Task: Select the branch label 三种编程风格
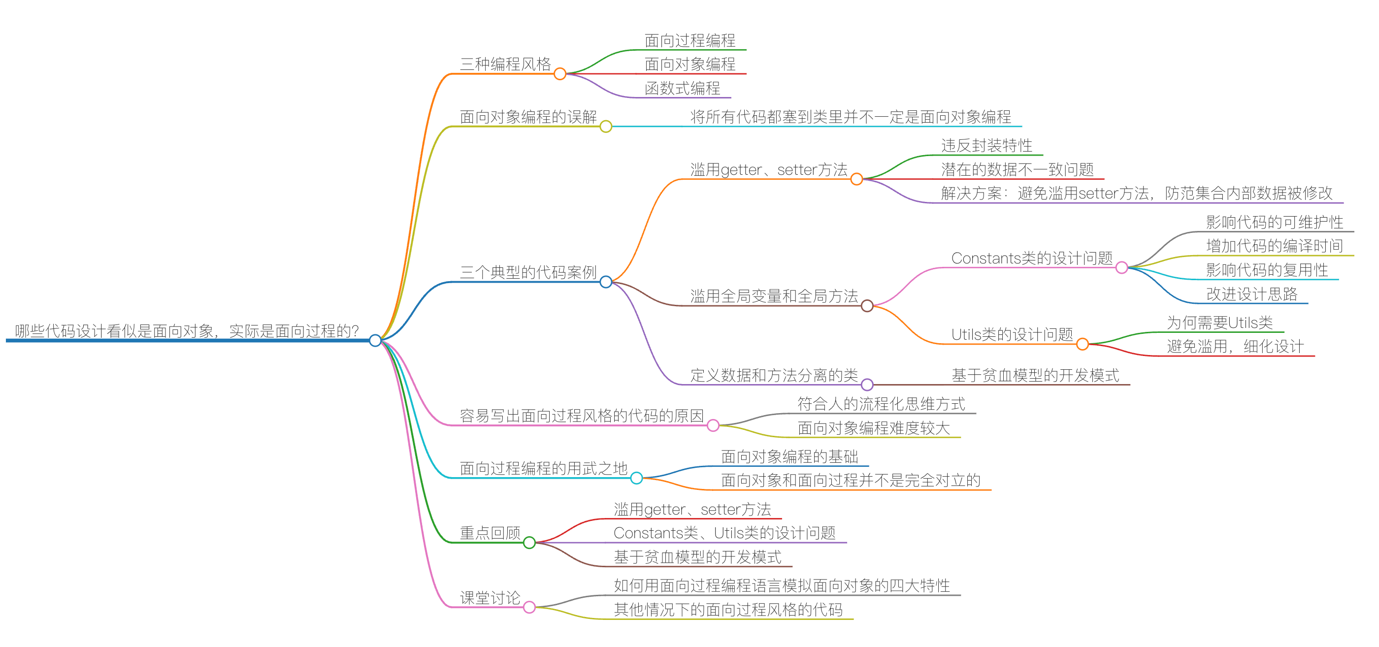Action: pyautogui.click(x=505, y=64)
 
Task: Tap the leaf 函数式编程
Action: pyautogui.click(x=682, y=88)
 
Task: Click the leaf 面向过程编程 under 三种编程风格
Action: pyautogui.click(x=689, y=41)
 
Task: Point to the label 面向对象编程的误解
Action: pyautogui.click(x=528, y=117)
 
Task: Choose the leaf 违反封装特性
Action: pyautogui.click(x=986, y=146)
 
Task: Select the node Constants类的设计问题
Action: pyautogui.click(x=1032, y=259)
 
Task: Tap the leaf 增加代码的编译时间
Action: pyautogui.click(x=1274, y=246)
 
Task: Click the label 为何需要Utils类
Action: pyautogui.click(x=1219, y=323)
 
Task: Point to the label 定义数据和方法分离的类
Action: pyautogui.click(x=774, y=375)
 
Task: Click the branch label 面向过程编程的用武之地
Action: pyautogui.click(x=543, y=468)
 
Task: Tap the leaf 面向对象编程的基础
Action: pyautogui.click(x=789, y=456)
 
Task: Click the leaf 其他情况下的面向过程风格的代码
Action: pyautogui.click(x=728, y=610)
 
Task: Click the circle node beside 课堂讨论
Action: pyautogui.click(x=529, y=607)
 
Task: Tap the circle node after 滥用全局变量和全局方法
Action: pyautogui.click(x=867, y=306)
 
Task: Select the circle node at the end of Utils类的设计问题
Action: pyautogui.click(x=1083, y=344)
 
